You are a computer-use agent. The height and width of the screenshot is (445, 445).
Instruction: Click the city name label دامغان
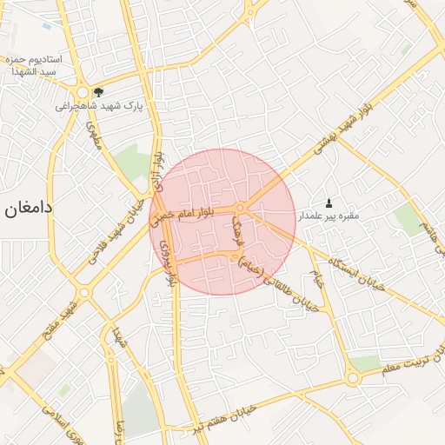click(29, 209)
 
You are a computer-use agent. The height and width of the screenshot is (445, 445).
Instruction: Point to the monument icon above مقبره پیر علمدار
click(328, 202)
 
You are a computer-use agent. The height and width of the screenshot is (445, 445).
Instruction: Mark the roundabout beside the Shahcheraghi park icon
click(83, 91)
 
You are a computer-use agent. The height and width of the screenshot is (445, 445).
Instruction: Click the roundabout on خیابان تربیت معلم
click(352, 378)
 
